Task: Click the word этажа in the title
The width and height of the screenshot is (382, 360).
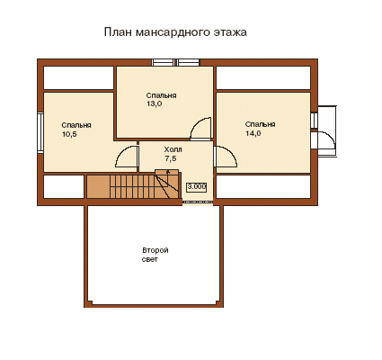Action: click(230, 32)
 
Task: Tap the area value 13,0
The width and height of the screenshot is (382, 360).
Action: click(155, 104)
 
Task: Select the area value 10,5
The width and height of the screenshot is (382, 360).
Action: click(69, 134)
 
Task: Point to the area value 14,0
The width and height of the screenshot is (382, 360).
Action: click(253, 133)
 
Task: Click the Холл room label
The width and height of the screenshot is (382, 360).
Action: click(173, 149)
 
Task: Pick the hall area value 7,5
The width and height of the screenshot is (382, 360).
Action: click(171, 158)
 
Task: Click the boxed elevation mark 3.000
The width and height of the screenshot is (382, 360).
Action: click(197, 187)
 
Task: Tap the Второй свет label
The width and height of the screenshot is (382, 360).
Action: click(155, 255)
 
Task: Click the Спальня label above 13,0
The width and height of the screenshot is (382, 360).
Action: click(161, 95)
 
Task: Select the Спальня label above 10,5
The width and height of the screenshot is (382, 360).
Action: click(76, 125)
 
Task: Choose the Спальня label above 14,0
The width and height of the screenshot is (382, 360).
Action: click(260, 124)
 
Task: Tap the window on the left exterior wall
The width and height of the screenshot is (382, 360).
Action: click(40, 132)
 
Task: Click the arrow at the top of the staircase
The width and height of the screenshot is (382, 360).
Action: click(168, 172)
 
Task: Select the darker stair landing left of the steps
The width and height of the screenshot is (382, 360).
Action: click(98, 186)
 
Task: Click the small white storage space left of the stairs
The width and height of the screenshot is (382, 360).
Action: click(64, 186)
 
